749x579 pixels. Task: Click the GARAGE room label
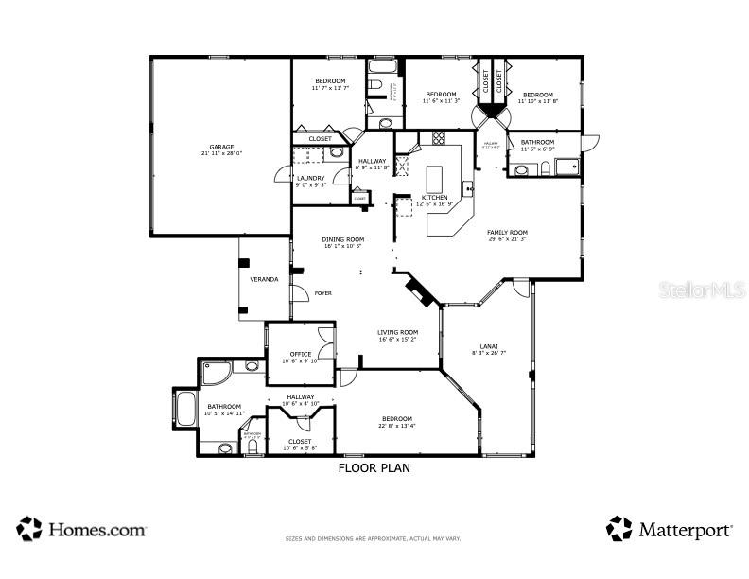221,147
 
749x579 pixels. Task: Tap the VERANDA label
264,279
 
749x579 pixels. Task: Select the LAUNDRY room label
310,178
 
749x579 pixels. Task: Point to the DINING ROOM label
343,239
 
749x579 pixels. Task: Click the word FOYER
323,293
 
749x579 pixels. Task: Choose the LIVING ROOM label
397,332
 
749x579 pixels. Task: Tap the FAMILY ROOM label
507,232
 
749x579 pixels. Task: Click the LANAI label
489,346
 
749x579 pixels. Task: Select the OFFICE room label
301,354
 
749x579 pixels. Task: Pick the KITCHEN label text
422,197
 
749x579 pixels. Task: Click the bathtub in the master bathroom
184,410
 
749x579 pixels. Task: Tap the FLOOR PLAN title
374,467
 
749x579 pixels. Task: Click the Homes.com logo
82,529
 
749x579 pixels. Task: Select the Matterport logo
669,529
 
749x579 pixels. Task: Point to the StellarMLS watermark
702,289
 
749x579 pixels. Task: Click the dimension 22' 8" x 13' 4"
397,425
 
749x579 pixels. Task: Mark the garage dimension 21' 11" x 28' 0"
221,153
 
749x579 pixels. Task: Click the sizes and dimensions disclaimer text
374,539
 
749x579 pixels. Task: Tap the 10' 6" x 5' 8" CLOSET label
301,441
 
